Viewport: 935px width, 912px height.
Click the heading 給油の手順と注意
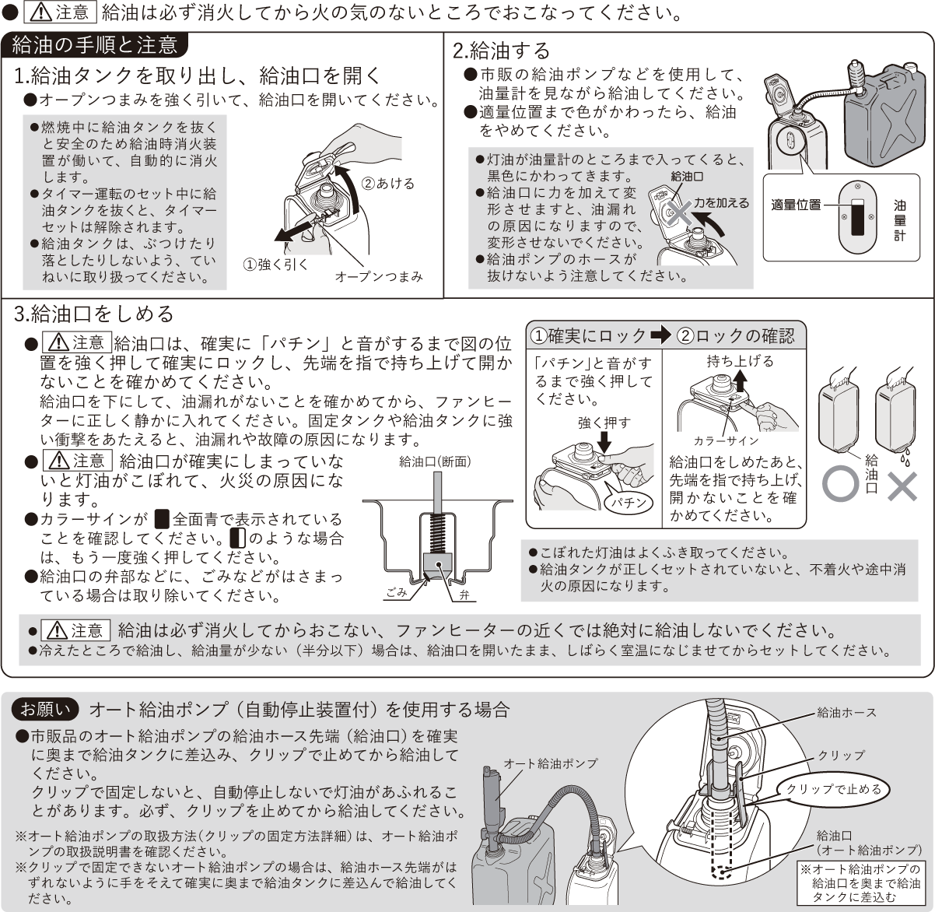coord(95,45)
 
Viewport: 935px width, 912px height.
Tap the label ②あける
coord(387,183)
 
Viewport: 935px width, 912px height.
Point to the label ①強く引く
coord(275,265)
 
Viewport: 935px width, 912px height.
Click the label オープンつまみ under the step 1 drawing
coord(379,277)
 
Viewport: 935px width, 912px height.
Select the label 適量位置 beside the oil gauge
coord(796,205)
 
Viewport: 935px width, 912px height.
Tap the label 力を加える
coord(721,203)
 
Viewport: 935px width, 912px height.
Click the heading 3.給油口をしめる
coord(93,314)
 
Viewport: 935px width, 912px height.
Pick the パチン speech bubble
coord(629,503)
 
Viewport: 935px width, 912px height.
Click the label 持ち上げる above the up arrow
coord(741,361)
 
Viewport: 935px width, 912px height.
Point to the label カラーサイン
coord(726,441)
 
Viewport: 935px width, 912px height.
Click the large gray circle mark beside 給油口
coord(840,485)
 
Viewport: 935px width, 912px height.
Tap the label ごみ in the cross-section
coord(397,593)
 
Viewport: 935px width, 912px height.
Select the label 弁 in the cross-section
coord(464,595)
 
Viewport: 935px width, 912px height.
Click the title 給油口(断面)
coord(435,462)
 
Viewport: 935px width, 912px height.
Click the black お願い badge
coord(45,709)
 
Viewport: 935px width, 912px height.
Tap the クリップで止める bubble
coord(834,789)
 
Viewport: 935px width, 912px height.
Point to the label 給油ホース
coord(846,713)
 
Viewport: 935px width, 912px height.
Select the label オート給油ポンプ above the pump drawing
coord(550,763)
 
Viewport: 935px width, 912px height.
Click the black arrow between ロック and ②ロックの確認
coord(661,335)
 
